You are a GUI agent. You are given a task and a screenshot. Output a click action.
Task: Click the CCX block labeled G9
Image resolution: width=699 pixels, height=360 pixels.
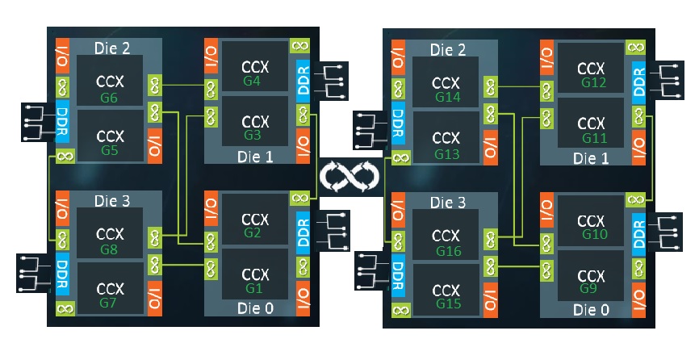coord(592,276)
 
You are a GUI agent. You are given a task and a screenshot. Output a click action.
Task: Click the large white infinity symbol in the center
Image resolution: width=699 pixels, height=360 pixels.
coord(349,175)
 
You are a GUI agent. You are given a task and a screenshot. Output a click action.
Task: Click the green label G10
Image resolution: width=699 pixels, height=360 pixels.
coord(594,234)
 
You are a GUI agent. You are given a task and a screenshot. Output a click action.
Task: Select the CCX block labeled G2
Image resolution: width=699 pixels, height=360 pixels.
coord(255,223)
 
